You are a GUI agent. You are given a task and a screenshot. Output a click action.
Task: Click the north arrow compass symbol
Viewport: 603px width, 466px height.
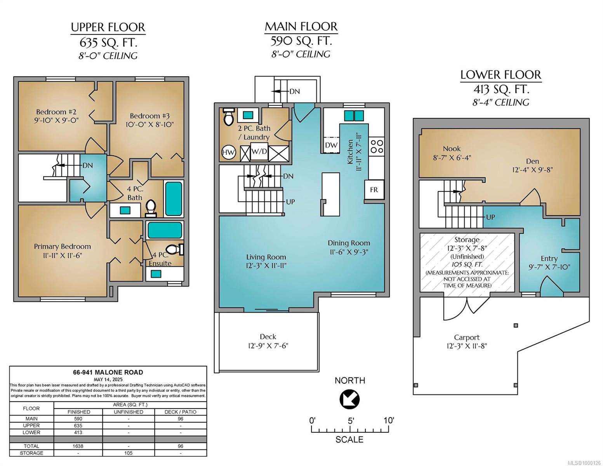click(x=349, y=399)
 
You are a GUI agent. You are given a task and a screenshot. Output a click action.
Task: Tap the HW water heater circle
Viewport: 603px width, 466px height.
click(x=228, y=152)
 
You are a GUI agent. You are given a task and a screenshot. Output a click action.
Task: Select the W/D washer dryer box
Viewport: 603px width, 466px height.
click(x=259, y=151)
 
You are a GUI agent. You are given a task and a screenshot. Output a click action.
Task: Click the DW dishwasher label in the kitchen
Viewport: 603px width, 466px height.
click(x=331, y=145)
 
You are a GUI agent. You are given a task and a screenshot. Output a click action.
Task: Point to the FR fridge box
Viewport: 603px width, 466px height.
click(x=374, y=190)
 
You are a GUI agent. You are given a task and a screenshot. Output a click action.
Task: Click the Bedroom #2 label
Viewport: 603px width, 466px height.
click(x=56, y=112)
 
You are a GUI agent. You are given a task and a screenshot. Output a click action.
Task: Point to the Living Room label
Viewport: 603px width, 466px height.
click(x=266, y=257)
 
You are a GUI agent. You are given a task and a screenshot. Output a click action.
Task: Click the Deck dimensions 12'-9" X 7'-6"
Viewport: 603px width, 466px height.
click(x=268, y=346)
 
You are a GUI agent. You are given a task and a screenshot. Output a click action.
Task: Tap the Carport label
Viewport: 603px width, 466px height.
click(x=466, y=337)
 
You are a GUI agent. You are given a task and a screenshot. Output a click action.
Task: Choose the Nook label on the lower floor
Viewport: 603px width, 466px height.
click(x=452, y=149)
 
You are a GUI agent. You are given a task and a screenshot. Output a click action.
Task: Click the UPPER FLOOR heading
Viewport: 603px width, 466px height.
click(x=108, y=27)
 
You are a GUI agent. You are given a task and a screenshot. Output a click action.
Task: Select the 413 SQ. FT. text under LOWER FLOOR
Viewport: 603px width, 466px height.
click(x=501, y=90)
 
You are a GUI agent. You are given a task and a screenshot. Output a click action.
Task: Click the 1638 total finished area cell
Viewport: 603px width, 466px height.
click(x=78, y=446)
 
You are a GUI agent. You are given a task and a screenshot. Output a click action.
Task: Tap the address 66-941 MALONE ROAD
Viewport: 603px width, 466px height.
click(x=108, y=372)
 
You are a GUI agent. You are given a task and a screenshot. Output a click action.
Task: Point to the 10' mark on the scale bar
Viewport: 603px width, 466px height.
click(x=389, y=420)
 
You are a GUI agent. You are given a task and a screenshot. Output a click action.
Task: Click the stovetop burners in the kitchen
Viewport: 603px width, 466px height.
click(x=377, y=147)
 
